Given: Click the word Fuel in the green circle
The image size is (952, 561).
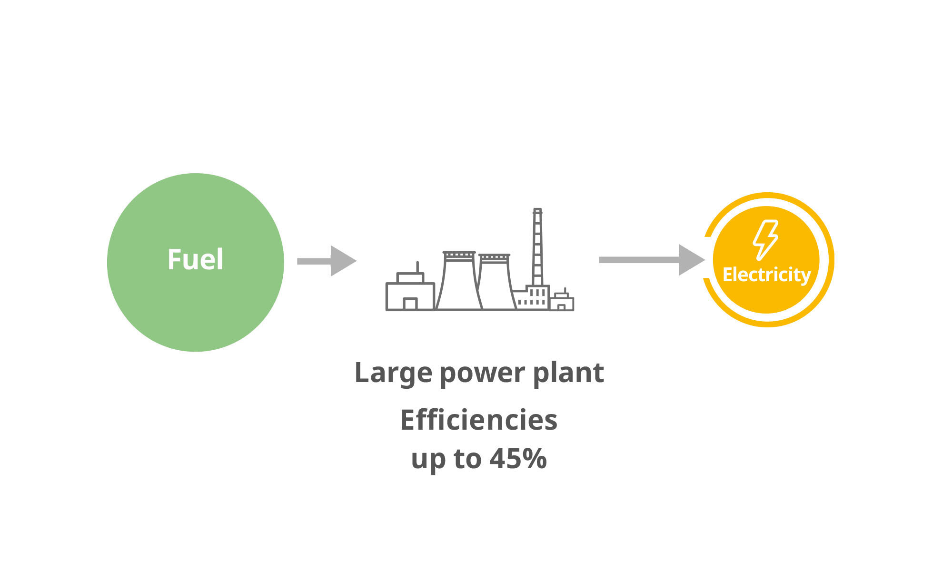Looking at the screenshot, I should coord(195,260).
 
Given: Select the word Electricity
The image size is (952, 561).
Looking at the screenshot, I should coord(766,275).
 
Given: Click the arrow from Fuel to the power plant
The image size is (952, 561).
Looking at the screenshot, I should coord(326,261).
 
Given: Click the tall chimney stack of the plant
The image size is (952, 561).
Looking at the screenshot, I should coord(537,247).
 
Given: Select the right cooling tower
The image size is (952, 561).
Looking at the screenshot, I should coord(496,285).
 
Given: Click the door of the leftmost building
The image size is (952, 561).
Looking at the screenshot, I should coord(410,304).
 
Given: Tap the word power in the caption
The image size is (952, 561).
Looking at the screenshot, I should coord(482,373).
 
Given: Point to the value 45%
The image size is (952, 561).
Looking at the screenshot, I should coord(518,458).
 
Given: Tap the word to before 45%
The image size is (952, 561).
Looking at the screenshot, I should coord(467,458).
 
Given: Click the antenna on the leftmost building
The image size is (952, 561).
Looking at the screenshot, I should coord(417,267).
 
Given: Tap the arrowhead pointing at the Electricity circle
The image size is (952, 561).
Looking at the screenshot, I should coord(691,260).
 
